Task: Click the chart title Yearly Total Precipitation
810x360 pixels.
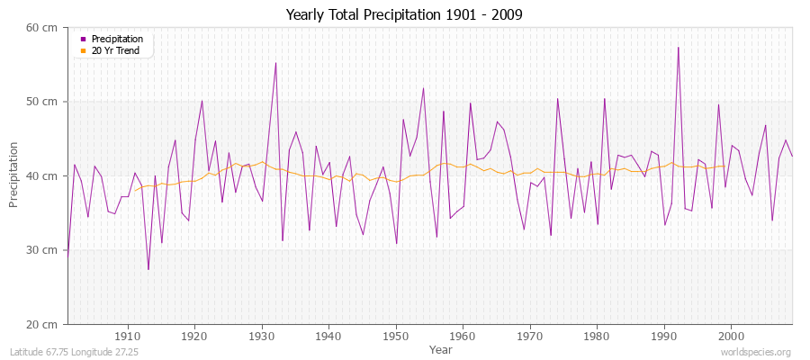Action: point(404,15)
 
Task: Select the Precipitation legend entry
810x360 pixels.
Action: point(116,40)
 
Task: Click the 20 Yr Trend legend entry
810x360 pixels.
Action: point(115,50)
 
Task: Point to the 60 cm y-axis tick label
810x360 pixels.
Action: point(43,28)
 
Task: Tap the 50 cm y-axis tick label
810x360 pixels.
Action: point(43,102)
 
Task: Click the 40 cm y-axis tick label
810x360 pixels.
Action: point(43,176)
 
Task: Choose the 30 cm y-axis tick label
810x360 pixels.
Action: point(43,250)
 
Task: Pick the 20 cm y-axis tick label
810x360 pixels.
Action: point(43,324)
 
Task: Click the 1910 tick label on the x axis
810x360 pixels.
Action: point(128,336)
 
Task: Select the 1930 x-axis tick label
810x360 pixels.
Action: point(262,336)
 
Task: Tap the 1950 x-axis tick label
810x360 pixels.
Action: point(396,336)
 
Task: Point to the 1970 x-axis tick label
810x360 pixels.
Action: point(530,336)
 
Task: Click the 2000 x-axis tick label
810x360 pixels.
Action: point(731,336)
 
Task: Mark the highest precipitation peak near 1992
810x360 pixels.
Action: point(678,48)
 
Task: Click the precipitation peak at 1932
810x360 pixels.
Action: point(275,63)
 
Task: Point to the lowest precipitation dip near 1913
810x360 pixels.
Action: point(148,269)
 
